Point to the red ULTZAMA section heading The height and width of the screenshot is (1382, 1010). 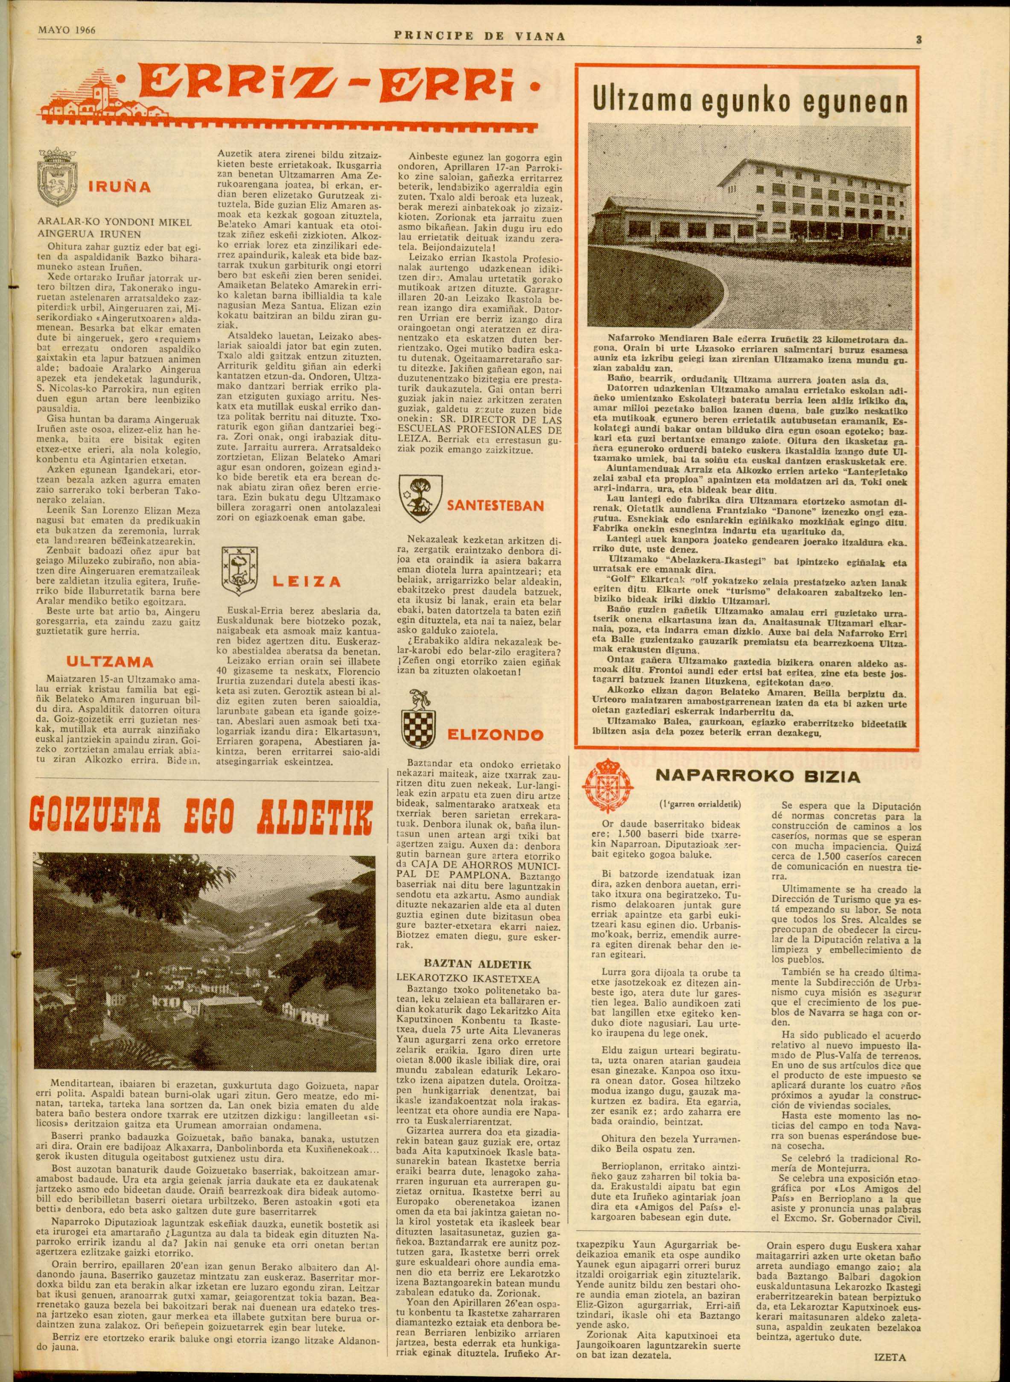point(109,662)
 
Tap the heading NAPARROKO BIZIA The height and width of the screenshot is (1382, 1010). point(757,776)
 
